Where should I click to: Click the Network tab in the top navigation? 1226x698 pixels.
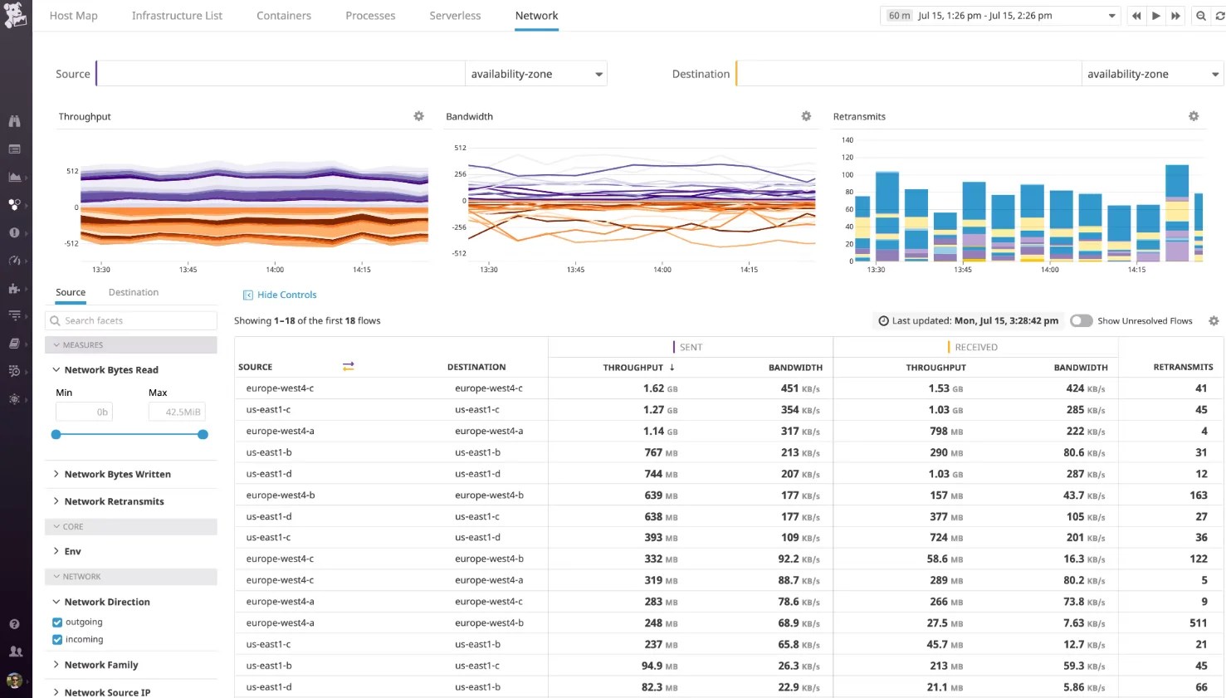tap(536, 16)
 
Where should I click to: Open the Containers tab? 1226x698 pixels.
tap(284, 16)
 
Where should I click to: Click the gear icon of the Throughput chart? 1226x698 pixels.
tap(419, 116)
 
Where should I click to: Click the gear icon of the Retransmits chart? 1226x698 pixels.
tap(1194, 116)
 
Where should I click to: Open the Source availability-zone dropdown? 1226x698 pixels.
tap(536, 74)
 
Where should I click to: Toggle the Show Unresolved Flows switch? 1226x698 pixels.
tap(1081, 320)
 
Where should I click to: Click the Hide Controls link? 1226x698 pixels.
tap(286, 295)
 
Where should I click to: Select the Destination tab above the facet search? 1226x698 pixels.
tap(133, 292)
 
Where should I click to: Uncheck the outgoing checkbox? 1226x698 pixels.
tap(57, 622)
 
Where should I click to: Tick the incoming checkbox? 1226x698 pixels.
tap(57, 639)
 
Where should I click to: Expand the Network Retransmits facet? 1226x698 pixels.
tap(114, 501)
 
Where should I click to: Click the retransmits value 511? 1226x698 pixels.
tap(1198, 622)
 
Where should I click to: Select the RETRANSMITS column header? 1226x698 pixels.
tap(1183, 367)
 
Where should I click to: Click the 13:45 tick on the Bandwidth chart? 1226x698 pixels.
tap(575, 270)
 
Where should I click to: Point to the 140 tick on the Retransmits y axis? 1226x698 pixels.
tap(847, 139)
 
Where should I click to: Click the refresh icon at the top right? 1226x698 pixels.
tap(1219, 16)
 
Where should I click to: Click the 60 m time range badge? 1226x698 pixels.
tap(899, 16)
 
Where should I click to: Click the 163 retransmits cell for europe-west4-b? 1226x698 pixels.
tap(1198, 495)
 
